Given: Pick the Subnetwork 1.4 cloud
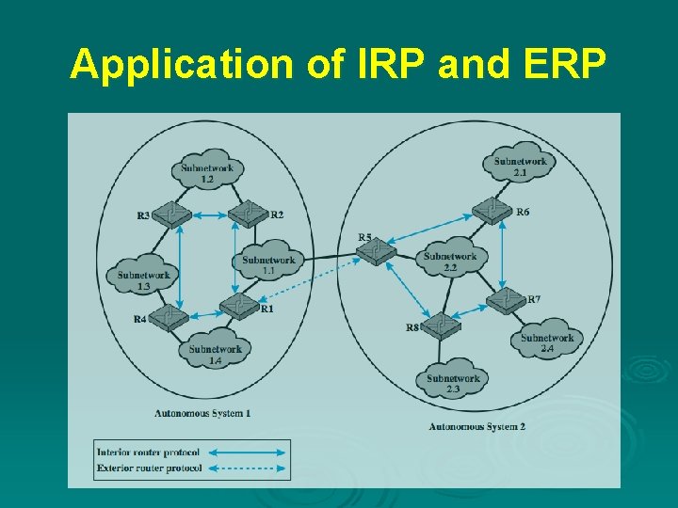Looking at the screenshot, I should tap(215, 350).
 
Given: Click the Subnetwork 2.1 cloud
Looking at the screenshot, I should tap(521, 164).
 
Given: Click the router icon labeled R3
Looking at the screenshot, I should tap(172, 214).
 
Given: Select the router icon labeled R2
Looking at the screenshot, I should tap(249, 214).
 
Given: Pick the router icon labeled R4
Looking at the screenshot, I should tap(170, 318).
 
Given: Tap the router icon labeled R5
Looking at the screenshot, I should tap(377, 250).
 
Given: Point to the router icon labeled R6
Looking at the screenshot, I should tap(492, 211).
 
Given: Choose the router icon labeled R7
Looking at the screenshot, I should tap(507, 300).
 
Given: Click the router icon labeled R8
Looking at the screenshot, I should tap(440, 325).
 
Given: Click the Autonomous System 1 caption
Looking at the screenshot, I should tap(202, 413).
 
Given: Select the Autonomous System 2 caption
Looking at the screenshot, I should tap(476, 426).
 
